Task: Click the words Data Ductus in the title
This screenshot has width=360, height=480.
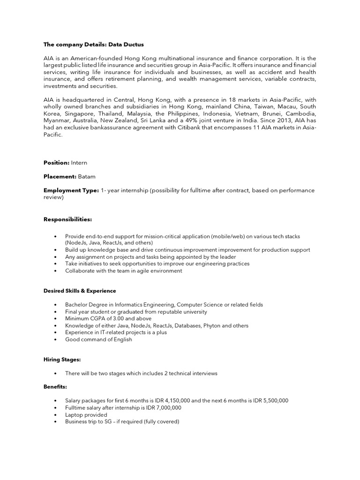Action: pos(126,45)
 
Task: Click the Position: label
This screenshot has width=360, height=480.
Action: pos(56,163)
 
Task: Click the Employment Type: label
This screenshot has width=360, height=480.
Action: pos(71,190)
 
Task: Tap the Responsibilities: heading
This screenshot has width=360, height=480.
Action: pos(67,219)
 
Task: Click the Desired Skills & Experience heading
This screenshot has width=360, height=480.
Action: pos(80,291)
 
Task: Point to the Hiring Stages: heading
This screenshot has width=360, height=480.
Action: pos(62,360)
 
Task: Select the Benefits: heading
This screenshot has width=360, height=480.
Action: pos(55,387)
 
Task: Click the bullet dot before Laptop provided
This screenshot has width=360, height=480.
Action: pos(55,415)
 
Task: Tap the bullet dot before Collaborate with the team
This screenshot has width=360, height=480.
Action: pos(55,271)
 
